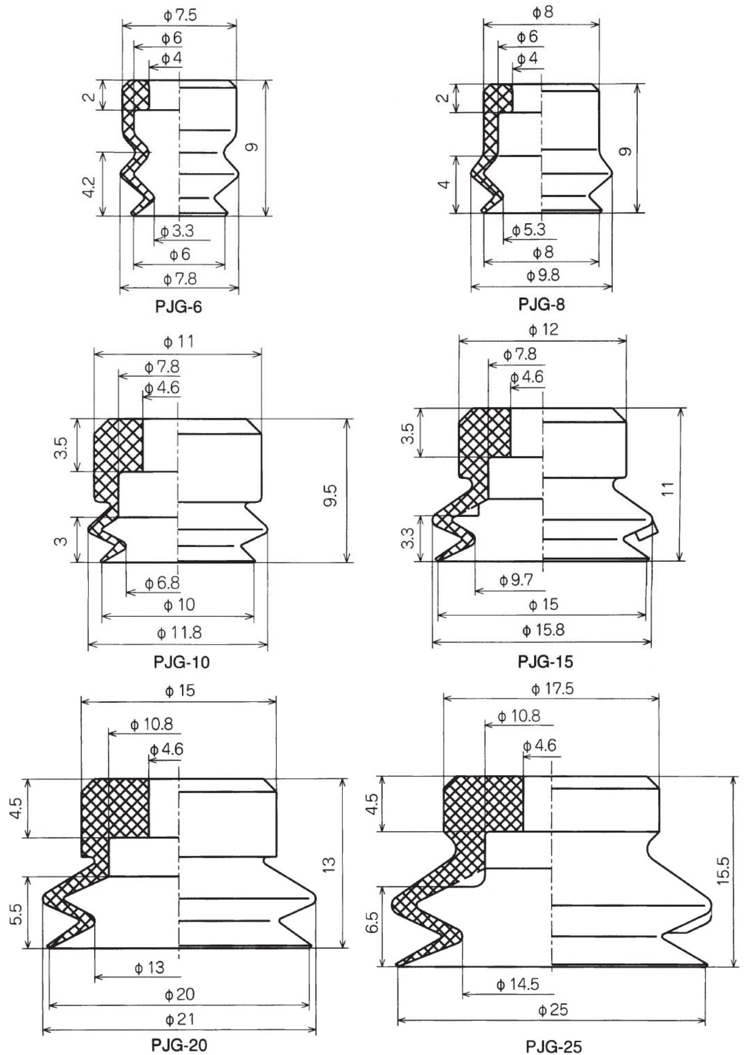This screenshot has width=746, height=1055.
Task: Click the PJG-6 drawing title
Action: [179, 307]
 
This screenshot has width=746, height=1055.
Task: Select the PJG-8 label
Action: [542, 304]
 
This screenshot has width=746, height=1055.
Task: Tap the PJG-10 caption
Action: [181, 663]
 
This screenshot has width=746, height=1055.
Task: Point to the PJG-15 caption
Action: [545, 662]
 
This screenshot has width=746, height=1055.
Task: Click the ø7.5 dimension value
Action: [180, 16]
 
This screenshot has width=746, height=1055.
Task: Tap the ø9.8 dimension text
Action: [543, 276]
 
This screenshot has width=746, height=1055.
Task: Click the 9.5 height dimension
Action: [331, 495]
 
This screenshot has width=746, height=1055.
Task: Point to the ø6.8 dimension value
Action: [162, 583]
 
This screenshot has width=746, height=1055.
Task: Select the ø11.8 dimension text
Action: [179, 633]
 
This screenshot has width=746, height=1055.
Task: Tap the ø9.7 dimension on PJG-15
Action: [516, 580]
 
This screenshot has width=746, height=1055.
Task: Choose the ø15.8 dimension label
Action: [543, 630]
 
